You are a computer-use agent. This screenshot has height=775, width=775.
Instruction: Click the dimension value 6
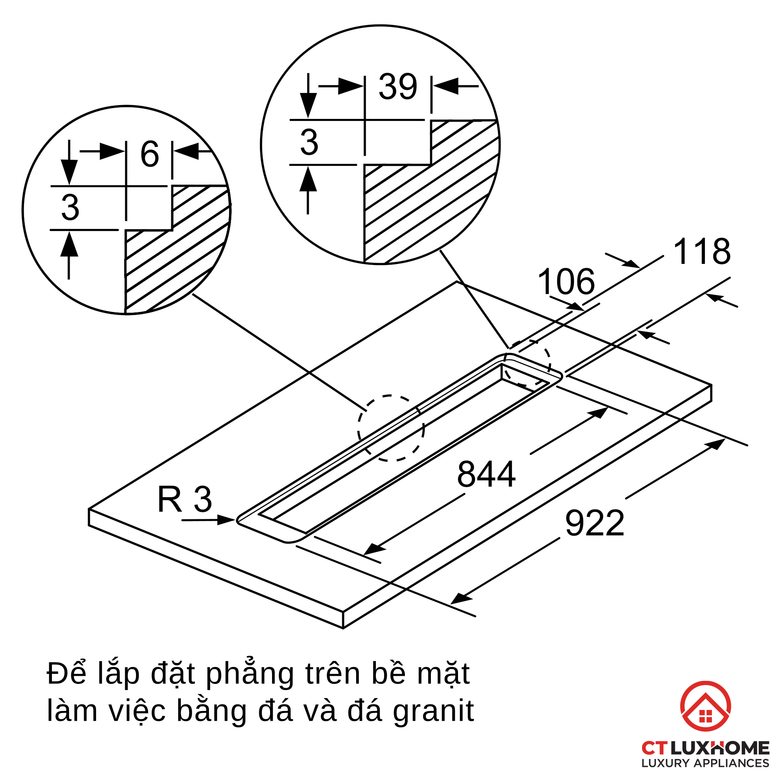[150, 155]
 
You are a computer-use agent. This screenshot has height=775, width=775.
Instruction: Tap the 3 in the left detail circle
[70, 207]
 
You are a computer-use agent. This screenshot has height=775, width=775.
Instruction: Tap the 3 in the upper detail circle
[309, 142]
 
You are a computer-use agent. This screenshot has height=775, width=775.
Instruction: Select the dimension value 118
[702, 252]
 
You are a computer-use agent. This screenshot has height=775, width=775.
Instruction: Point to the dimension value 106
[566, 282]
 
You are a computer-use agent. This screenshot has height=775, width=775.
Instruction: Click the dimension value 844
[486, 475]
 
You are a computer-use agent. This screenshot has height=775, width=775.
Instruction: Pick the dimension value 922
[594, 524]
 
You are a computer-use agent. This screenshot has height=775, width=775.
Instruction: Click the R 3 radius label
[184, 499]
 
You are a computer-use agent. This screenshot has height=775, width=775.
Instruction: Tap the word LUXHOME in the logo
[720, 748]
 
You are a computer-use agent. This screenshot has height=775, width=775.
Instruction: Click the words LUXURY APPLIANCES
[705, 763]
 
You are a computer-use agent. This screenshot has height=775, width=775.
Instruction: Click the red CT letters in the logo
[654, 749]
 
